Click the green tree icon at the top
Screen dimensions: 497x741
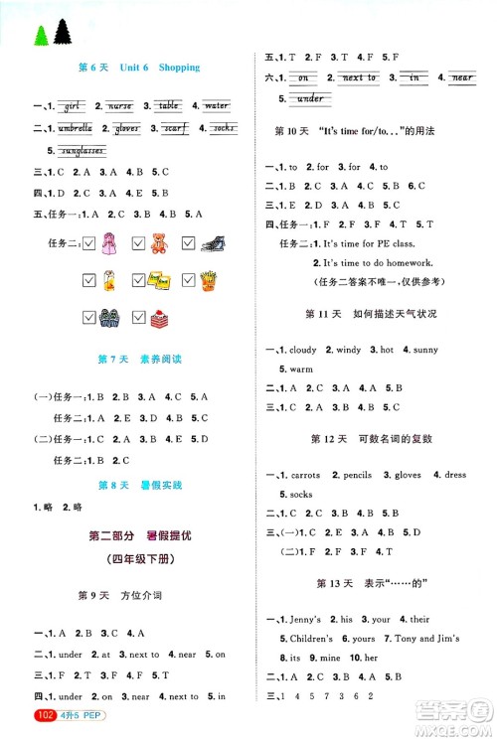click(42, 34)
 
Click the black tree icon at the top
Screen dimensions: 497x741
click(64, 32)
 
